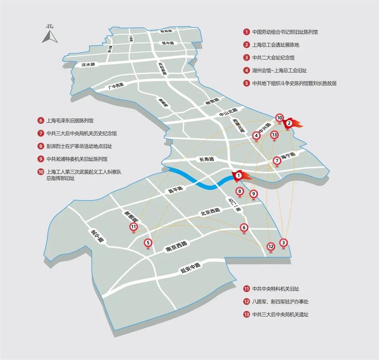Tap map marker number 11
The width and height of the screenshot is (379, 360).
coord(133,227)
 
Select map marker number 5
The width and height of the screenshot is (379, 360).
coord(148,243)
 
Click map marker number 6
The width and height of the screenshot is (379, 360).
coord(244,227)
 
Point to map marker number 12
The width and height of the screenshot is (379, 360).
coord(271,246)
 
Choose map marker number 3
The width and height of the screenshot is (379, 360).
coord(284,243)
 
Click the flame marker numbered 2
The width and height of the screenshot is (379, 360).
coord(289,123)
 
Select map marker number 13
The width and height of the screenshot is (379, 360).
coord(274,135)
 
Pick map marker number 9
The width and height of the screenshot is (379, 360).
coord(253,194)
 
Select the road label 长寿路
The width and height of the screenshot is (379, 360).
coord(206,159)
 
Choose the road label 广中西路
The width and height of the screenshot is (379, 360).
coord(115,85)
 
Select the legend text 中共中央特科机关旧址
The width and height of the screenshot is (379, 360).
coord(275,289)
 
